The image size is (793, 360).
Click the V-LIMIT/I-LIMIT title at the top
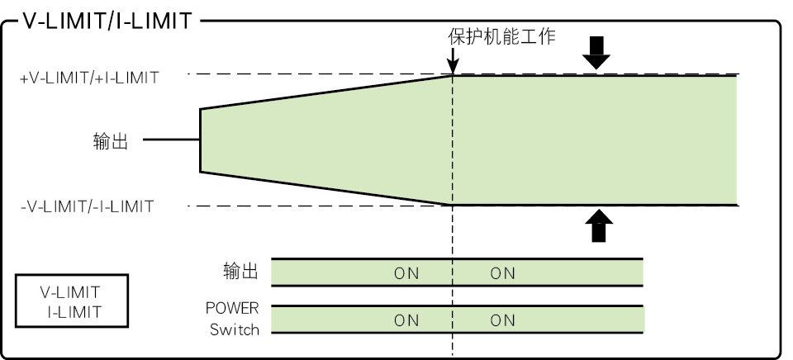point(107,21)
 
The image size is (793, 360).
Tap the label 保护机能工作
point(501,36)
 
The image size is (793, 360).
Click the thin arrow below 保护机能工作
point(453,60)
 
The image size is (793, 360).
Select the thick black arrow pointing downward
point(596,53)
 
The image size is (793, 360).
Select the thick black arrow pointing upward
point(599,225)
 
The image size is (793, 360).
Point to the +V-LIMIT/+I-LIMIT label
point(89,78)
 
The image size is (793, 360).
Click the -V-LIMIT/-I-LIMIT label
point(87,206)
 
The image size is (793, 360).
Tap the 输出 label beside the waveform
point(111,141)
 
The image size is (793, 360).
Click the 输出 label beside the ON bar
point(240,271)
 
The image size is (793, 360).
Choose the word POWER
point(232,308)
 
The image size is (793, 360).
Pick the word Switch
point(235,329)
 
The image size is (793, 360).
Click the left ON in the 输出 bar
point(406,273)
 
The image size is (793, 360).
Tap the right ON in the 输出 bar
point(503,273)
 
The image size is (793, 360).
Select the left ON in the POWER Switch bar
point(406,320)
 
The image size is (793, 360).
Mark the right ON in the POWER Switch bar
point(503,320)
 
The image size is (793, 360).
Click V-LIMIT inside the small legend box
point(70,292)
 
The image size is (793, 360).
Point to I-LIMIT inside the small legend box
point(75,312)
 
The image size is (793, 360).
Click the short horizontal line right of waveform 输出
point(172,139)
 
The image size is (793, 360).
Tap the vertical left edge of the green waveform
point(201,140)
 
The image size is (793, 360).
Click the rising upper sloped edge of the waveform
point(326,92)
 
